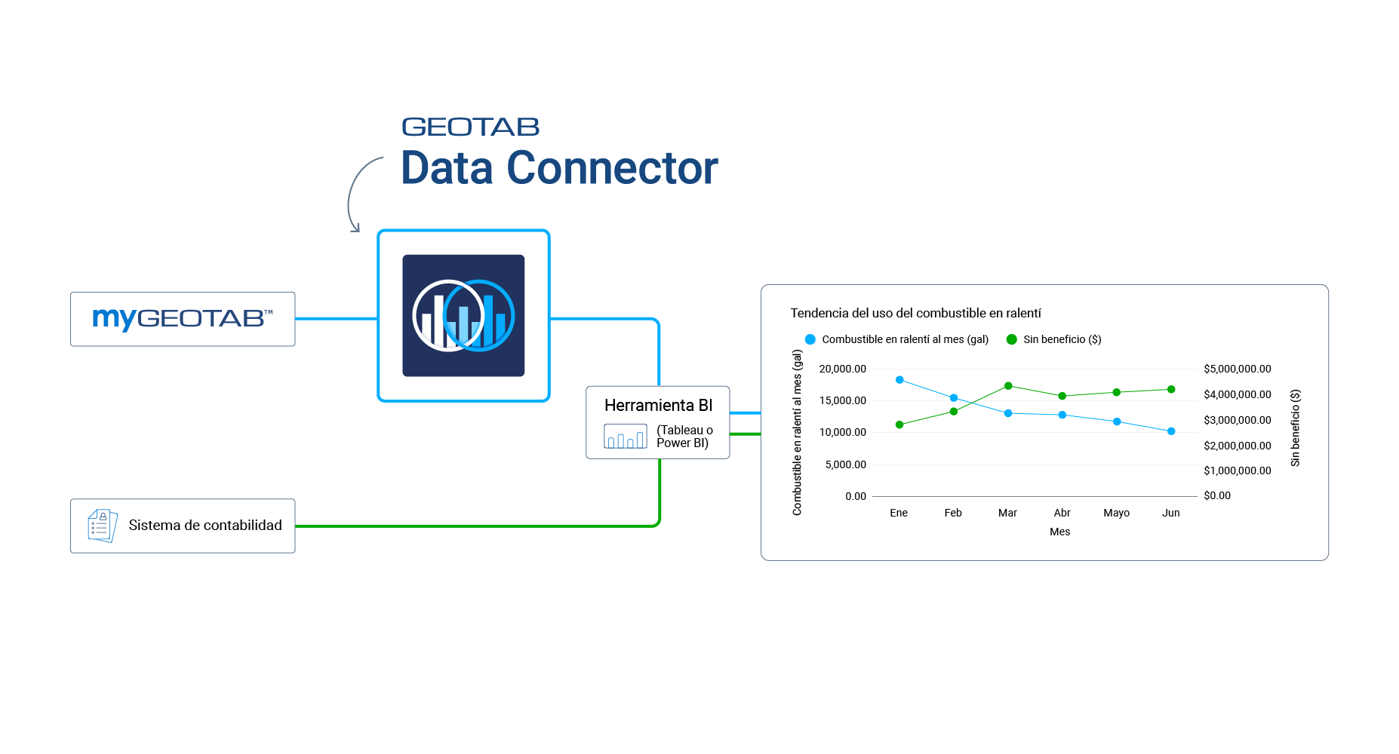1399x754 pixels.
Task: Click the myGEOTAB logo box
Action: pyautogui.click(x=183, y=319)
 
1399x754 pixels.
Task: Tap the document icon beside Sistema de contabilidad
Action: pyautogui.click(x=103, y=526)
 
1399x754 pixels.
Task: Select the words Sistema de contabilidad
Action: pyautogui.click(x=205, y=526)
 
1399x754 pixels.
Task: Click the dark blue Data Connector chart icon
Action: pyautogui.click(x=463, y=315)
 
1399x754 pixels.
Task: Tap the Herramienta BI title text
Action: pyautogui.click(x=658, y=406)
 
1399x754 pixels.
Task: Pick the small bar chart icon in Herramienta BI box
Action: pyautogui.click(x=625, y=437)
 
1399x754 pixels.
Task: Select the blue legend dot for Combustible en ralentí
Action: pyautogui.click(x=810, y=339)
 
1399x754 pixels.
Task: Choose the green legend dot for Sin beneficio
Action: pyautogui.click(x=1012, y=339)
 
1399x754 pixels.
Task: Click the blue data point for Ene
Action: pyautogui.click(x=899, y=380)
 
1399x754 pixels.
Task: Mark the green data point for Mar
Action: pyautogui.click(x=1008, y=386)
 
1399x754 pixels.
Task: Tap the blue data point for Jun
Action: pyautogui.click(x=1171, y=431)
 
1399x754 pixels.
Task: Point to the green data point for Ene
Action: pyautogui.click(x=899, y=425)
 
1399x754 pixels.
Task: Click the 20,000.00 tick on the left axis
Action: pyautogui.click(x=843, y=369)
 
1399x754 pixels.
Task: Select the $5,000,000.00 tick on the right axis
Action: pyautogui.click(x=1238, y=369)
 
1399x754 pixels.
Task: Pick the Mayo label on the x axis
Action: pyautogui.click(x=1117, y=513)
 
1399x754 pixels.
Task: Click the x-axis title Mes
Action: pyautogui.click(x=1060, y=532)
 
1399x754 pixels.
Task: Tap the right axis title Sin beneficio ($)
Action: pyautogui.click(x=1296, y=428)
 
